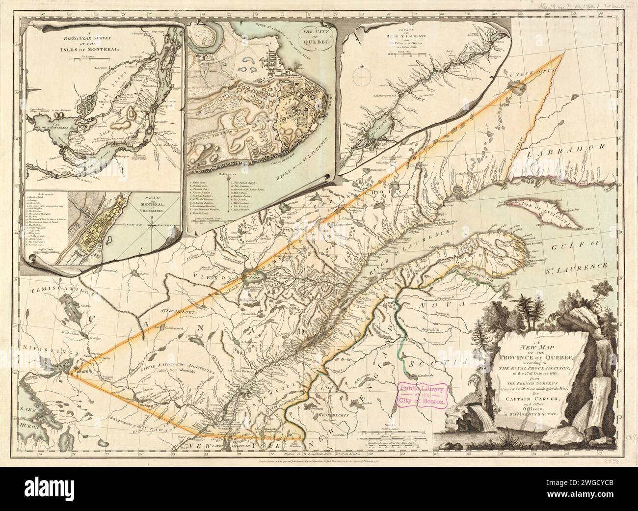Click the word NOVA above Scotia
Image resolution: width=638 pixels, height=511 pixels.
click(x=435, y=305)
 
